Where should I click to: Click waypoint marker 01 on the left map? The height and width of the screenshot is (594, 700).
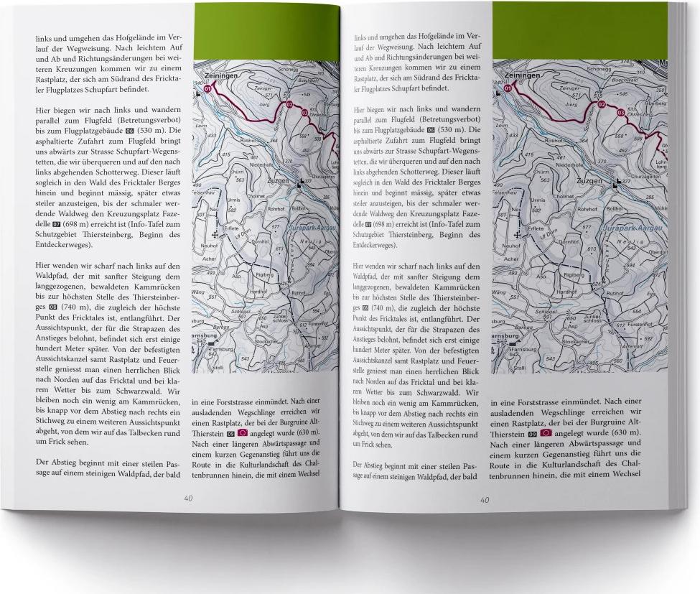point(210,90)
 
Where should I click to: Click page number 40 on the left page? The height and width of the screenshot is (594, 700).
point(188,498)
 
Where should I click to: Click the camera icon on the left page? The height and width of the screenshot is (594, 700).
point(242,434)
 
